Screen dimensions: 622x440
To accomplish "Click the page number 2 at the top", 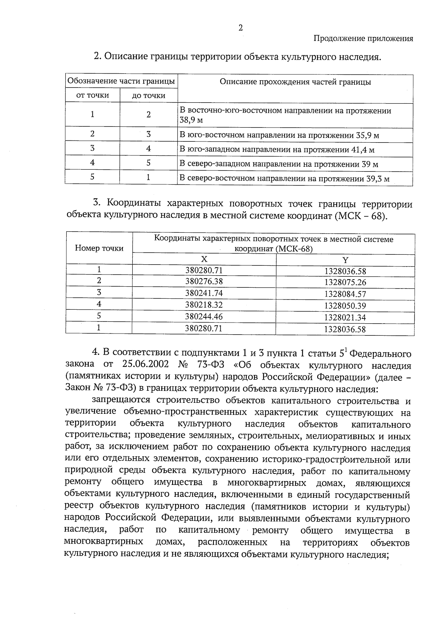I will click(241, 28).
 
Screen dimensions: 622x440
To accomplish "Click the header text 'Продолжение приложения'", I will click(363, 38).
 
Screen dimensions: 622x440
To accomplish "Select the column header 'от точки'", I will click(92, 96).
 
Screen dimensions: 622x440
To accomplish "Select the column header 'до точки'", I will click(148, 96).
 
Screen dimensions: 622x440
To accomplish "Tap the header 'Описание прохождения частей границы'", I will click(295, 82).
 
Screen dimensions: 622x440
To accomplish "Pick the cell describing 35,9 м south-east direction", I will click(279, 136).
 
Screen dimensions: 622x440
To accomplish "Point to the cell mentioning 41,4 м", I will click(277, 150).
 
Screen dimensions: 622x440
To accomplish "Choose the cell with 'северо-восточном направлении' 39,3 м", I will click(284, 179).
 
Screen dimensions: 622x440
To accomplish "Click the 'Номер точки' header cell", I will click(99, 248).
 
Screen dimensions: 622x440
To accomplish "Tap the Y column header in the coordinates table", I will click(345, 260).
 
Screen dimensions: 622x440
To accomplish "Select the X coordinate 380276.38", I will click(204, 281).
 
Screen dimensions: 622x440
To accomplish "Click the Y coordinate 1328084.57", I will click(345, 294).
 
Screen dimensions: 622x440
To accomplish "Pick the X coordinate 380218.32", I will click(204, 305).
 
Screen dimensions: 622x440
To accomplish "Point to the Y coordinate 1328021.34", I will click(345, 317).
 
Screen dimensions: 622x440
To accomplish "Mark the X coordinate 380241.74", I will click(204, 293).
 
